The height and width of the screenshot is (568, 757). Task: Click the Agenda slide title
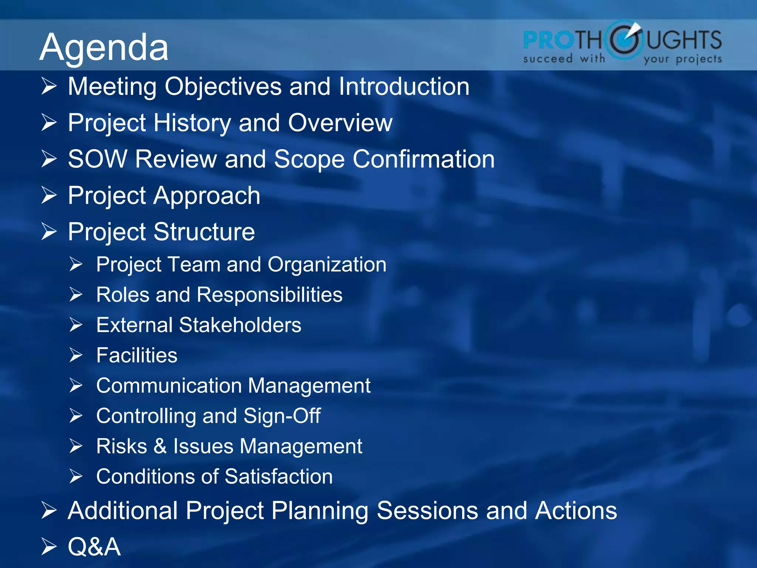tap(104, 47)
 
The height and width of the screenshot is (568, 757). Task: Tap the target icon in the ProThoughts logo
tap(625, 40)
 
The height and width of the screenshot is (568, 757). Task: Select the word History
tap(192, 123)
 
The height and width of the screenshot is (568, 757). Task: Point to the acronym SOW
tap(97, 159)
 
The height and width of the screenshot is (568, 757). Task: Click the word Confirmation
tap(424, 159)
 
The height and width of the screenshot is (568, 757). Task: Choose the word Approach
tap(207, 196)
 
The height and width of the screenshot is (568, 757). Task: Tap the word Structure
tap(204, 232)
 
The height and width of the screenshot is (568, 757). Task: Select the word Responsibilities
tap(269, 295)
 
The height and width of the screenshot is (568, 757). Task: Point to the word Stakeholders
tap(240, 325)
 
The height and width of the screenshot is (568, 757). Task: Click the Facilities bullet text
tap(137, 355)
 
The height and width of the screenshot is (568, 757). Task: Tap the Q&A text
tap(94, 547)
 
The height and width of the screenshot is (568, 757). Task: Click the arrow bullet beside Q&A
tap(49, 547)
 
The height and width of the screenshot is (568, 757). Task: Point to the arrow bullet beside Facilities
tap(76, 355)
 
